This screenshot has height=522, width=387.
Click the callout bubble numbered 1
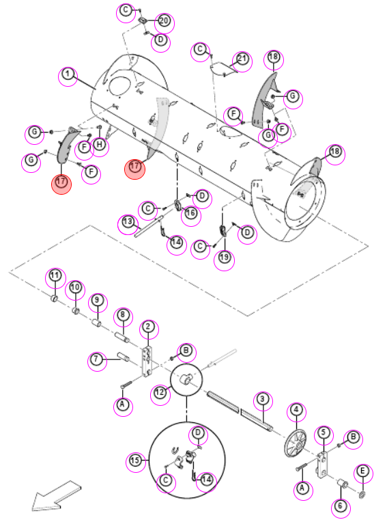point(68,74)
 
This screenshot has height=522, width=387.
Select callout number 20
point(164,20)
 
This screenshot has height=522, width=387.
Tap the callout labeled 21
point(242,59)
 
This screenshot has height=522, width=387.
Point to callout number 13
point(128,222)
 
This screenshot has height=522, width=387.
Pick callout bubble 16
point(190,213)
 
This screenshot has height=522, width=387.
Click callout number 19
point(225,257)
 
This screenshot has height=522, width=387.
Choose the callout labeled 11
point(55,275)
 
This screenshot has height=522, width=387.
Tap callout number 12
point(160,392)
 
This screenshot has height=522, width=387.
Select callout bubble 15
point(135,461)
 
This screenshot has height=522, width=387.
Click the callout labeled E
point(362,471)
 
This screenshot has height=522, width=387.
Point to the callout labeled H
point(100,144)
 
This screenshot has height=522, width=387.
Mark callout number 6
point(340,506)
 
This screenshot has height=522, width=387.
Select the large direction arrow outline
point(56,496)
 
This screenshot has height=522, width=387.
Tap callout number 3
point(263,399)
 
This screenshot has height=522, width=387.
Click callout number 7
point(96,359)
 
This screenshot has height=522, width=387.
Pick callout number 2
point(148,327)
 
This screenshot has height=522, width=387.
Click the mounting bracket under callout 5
point(322,465)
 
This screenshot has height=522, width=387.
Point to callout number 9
point(97,300)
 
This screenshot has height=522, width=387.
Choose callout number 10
point(76,287)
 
